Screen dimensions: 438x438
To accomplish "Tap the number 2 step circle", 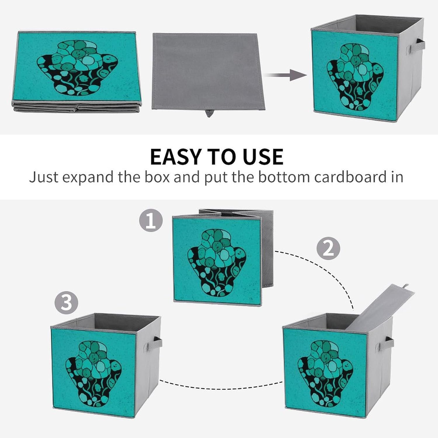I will click(328, 248).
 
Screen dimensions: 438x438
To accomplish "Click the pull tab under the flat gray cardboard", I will click(208, 113).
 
